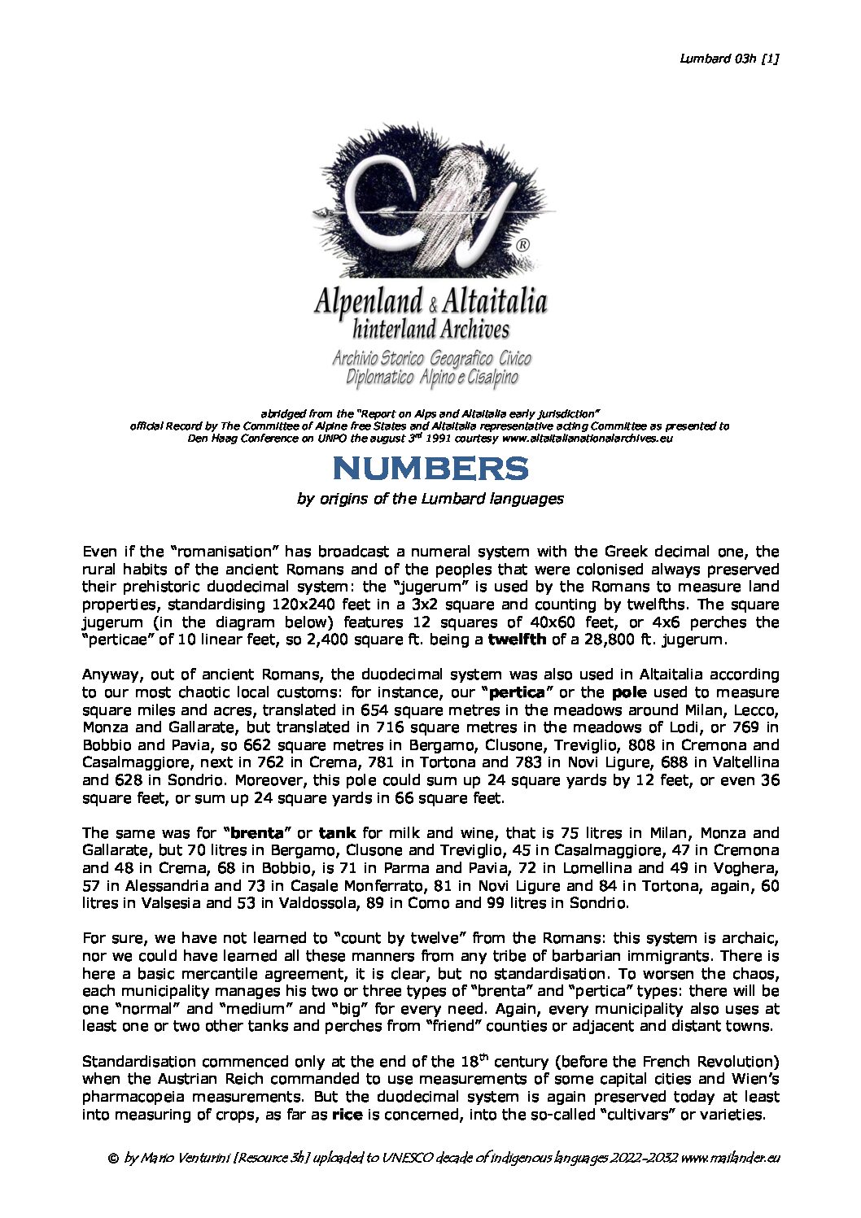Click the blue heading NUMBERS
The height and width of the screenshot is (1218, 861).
[x=430, y=469]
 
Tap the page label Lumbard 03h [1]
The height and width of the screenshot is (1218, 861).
[x=729, y=58]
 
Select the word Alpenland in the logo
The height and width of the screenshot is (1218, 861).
[x=368, y=302]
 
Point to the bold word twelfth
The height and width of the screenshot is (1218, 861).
[x=517, y=640]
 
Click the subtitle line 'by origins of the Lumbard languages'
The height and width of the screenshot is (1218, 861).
[x=430, y=498]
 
